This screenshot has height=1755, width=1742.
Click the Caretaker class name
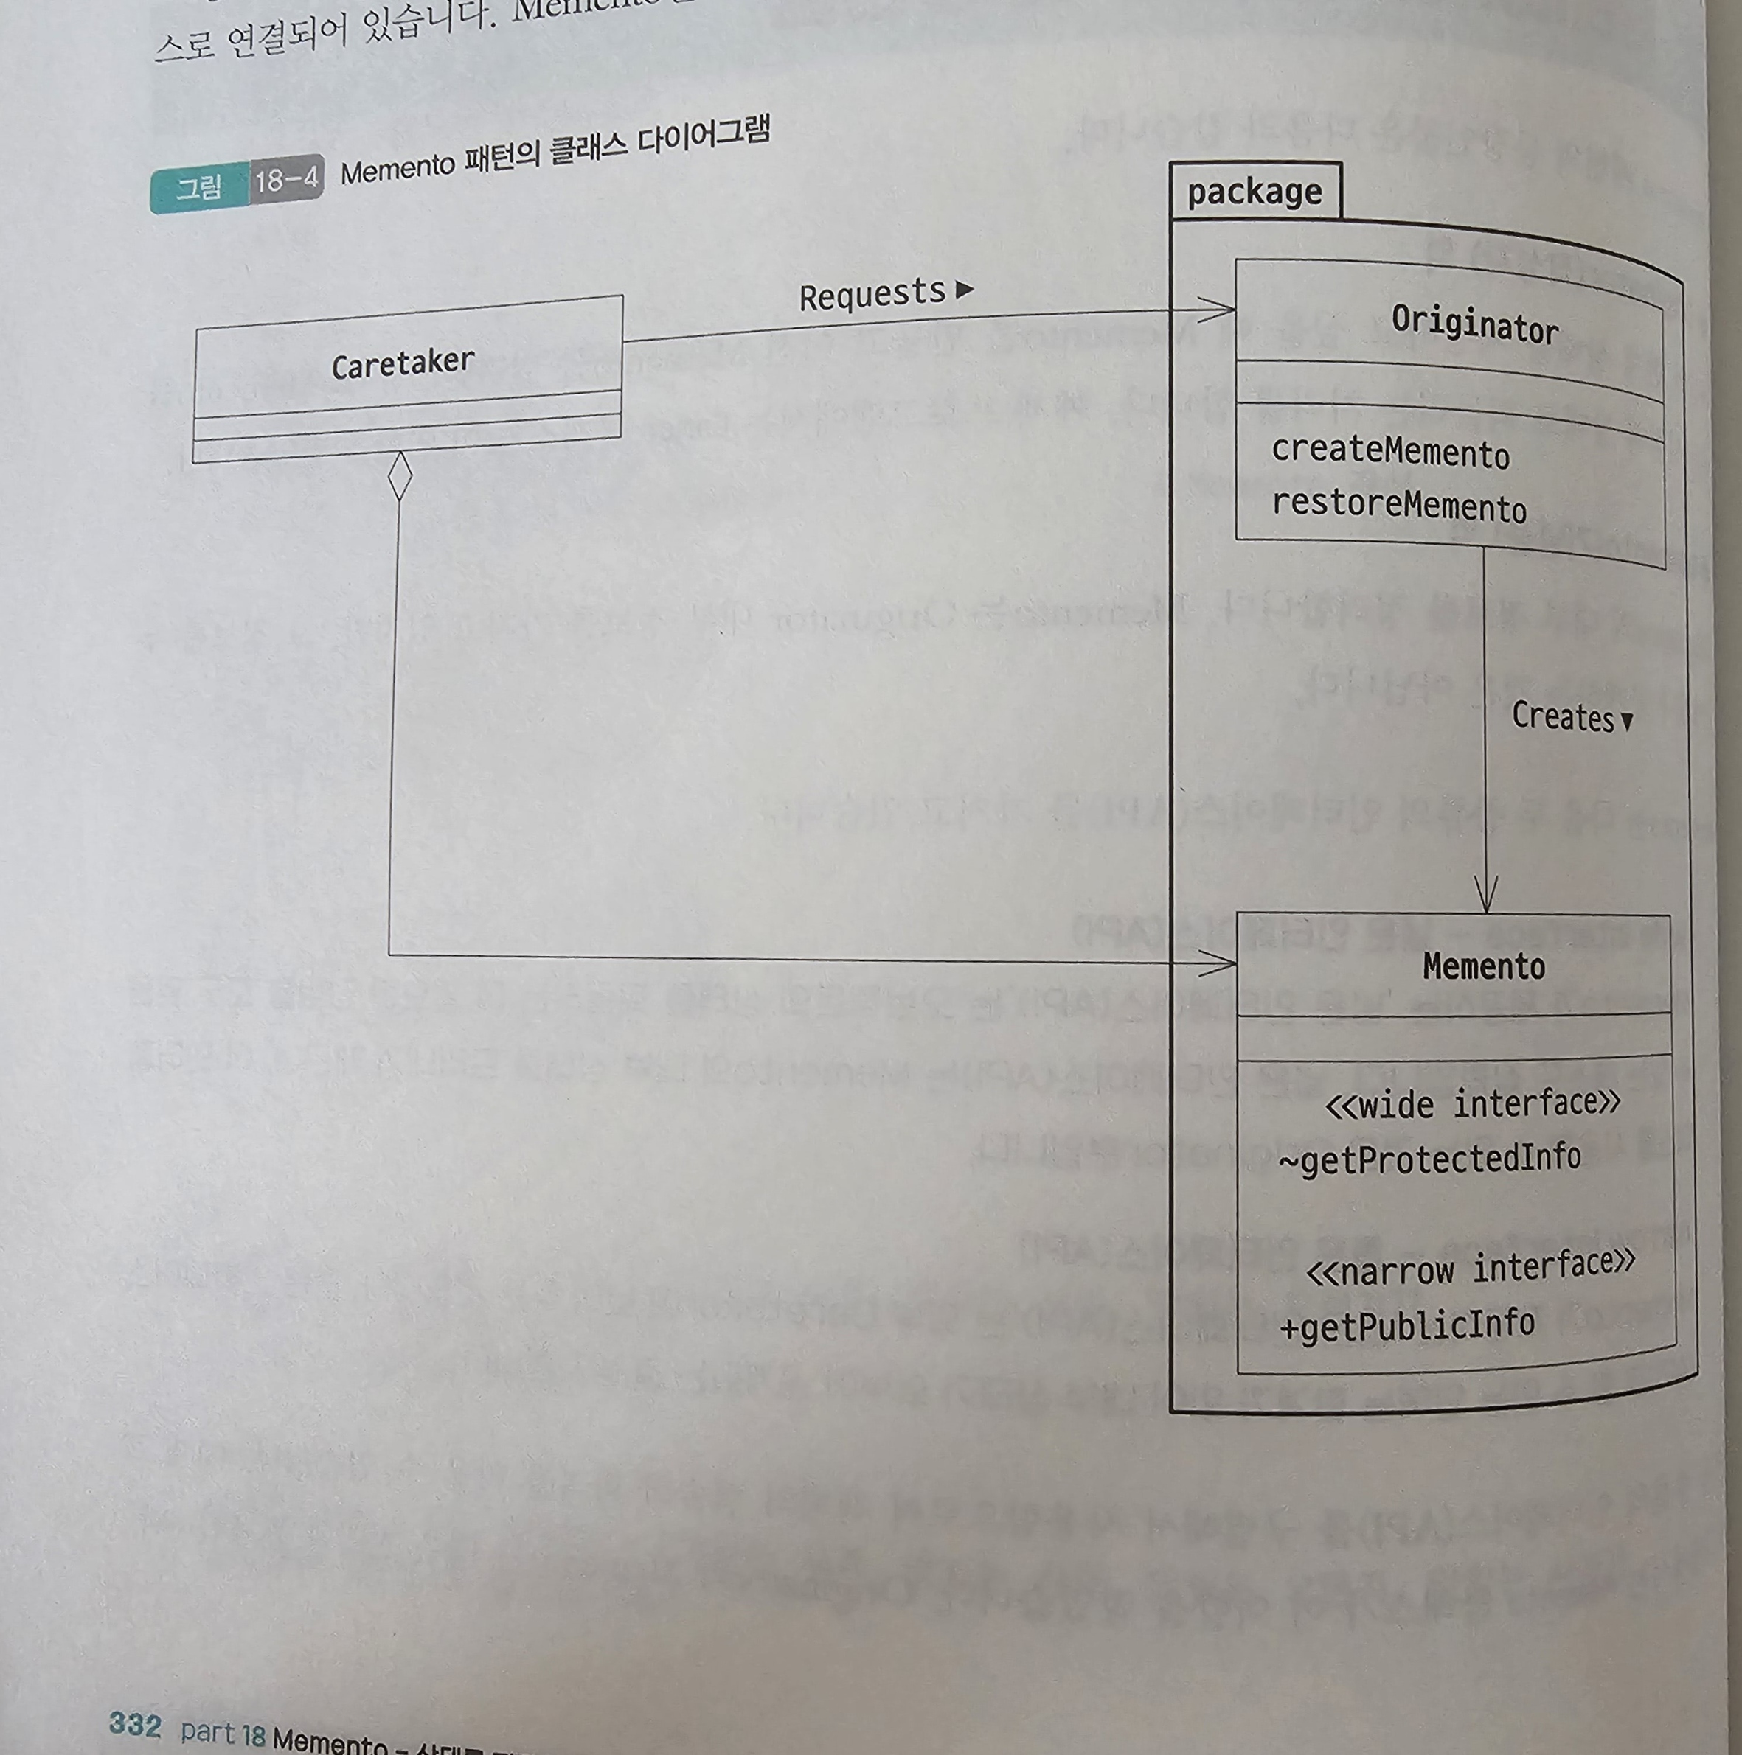coord(403,364)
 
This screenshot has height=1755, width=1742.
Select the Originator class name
coord(1474,324)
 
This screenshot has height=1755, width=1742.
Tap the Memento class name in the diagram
coord(1483,966)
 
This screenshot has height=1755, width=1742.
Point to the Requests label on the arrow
coord(872,294)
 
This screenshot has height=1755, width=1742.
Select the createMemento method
coord(1389,452)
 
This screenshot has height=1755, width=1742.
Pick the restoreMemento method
coord(1398,505)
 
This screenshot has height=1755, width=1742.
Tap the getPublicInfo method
coord(1408,1326)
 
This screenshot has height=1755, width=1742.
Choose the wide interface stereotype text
coord(1472,1103)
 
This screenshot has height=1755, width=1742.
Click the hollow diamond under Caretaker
coord(399,475)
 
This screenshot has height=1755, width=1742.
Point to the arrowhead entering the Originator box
coord(1222,310)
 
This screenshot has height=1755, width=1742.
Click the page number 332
coord(134,1723)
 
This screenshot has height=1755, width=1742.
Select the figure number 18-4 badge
coord(286,180)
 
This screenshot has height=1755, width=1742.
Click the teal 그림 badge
coord(199,187)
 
